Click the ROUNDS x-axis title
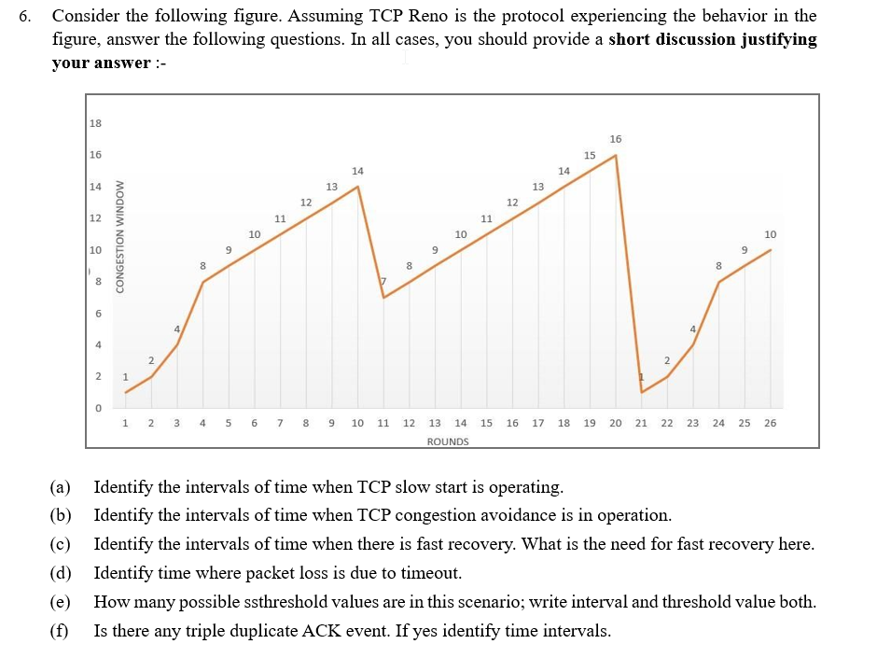click(x=448, y=441)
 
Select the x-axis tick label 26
click(x=769, y=423)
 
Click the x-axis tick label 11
click(x=383, y=423)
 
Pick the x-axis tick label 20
click(x=615, y=423)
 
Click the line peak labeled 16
click(x=616, y=155)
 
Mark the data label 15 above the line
click(x=590, y=155)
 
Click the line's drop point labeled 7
click(x=383, y=298)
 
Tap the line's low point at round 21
click(x=642, y=392)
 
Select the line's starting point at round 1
click(x=126, y=392)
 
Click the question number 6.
click(x=25, y=16)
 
